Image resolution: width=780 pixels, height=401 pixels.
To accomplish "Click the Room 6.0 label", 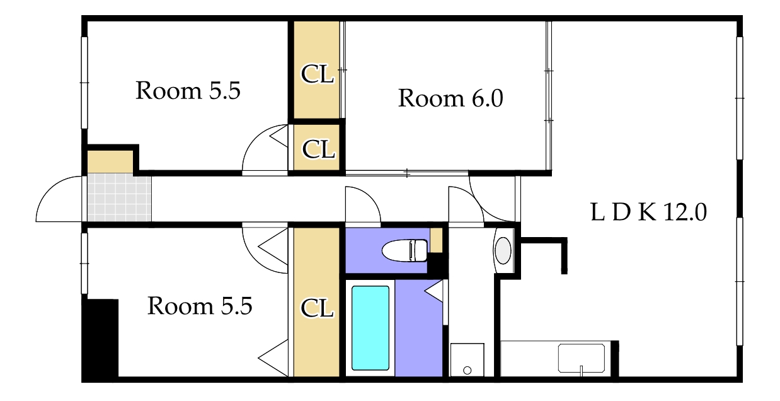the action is [450, 98].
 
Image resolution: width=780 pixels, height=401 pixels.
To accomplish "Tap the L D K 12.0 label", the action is [649, 212].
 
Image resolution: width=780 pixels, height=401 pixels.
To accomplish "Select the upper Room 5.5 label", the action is [188, 91].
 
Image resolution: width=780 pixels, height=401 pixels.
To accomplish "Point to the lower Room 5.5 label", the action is [200, 306].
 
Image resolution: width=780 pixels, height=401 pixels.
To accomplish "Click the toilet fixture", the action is [404, 250].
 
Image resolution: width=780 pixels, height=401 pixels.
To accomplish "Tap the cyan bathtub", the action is [370, 328].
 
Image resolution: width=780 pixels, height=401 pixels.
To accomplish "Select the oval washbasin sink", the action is [503, 250].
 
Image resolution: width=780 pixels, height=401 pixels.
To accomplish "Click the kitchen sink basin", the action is [581, 358].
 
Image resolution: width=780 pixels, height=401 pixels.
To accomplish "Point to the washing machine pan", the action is [467, 359].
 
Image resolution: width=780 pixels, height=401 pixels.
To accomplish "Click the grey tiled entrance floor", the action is [119, 197].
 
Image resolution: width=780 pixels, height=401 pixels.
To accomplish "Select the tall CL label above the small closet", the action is [317, 74].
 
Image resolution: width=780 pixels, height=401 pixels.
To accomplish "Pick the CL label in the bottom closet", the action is [317, 308].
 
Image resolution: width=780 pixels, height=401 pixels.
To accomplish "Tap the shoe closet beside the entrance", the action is [110, 161].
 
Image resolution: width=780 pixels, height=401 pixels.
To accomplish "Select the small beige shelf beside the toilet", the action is [437, 240].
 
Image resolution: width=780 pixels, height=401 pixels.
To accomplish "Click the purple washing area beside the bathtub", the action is [418, 328].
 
